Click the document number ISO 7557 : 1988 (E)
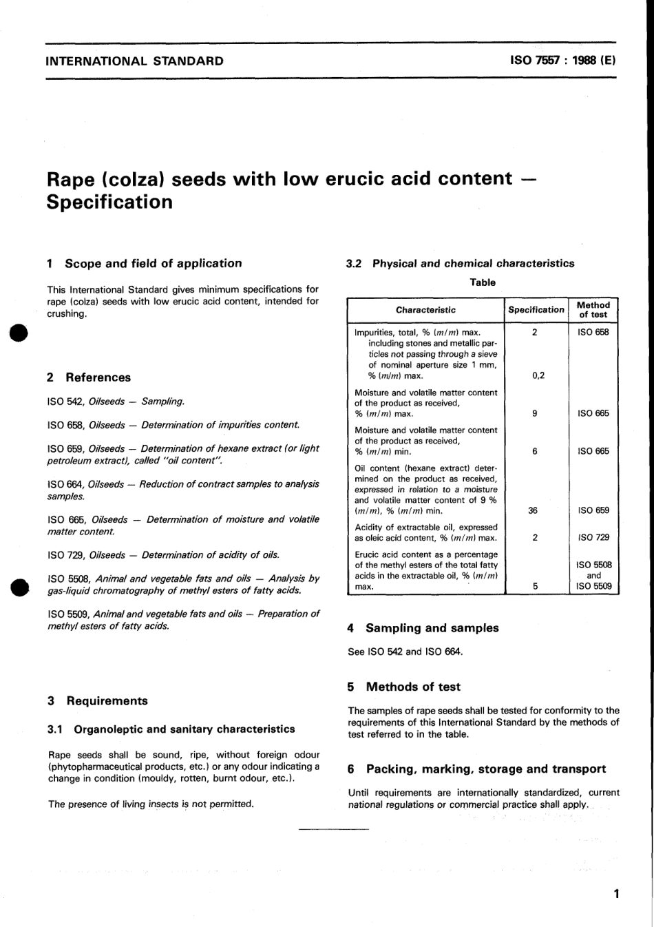pos(562,61)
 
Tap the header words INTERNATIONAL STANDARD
pos(134,61)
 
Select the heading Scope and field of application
pos(153,263)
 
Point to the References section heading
pos(98,377)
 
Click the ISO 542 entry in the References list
pos(116,402)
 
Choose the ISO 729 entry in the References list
pos(163,555)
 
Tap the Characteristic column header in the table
pos(425,310)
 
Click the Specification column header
pos(536,310)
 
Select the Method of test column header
pos(593,310)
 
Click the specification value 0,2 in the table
pos(538,376)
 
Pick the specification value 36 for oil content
pos(533,511)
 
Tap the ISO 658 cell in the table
pos(593,332)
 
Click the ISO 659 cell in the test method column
pos(593,511)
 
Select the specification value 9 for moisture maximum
pos(534,414)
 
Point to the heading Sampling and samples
pos(432,628)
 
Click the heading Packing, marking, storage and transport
pos(485,769)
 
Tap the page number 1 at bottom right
pos(616,894)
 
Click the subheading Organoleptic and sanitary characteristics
pos(184,729)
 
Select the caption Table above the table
pos(483,282)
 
